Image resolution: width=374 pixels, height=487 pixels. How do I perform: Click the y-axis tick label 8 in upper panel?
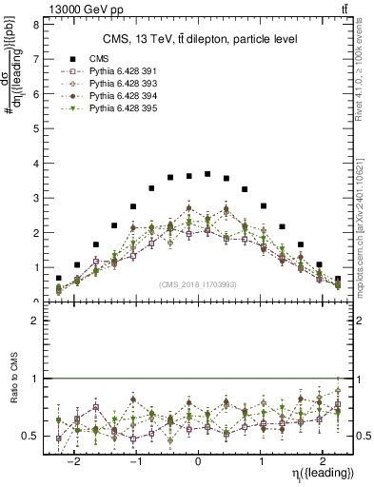[34, 25]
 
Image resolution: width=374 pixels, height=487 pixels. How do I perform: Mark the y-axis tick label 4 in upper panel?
[34, 164]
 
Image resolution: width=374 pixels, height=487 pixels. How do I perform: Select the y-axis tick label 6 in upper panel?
[34, 94]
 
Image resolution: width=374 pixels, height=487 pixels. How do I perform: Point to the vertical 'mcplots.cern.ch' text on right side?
[363, 227]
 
